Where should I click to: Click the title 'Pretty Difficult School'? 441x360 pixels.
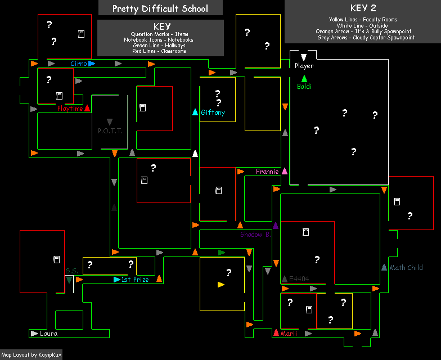(x=160, y=8)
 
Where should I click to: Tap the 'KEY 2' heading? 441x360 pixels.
(x=363, y=8)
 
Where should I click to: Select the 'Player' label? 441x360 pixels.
(x=304, y=66)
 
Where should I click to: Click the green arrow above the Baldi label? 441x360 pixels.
(x=304, y=78)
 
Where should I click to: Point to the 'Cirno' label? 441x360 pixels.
(x=79, y=64)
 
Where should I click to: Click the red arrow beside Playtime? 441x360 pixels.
(x=87, y=108)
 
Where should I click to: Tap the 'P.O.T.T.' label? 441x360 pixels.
(x=110, y=131)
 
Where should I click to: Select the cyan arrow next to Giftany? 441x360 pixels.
(x=195, y=112)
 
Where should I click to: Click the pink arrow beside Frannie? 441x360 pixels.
(x=285, y=171)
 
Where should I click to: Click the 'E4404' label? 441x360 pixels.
(x=299, y=278)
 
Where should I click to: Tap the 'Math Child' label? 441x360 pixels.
(x=406, y=268)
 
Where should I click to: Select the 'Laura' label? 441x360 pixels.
(x=48, y=334)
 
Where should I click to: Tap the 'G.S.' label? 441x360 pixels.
(x=71, y=271)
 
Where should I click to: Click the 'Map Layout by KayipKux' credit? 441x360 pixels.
(x=31, y=355)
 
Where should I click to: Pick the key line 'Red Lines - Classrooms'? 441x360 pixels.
(x=160, y=51)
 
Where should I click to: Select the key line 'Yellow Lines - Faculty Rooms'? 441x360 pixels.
(x=363, y=20)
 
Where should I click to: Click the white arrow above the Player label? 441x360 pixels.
(x=304, y=57)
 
